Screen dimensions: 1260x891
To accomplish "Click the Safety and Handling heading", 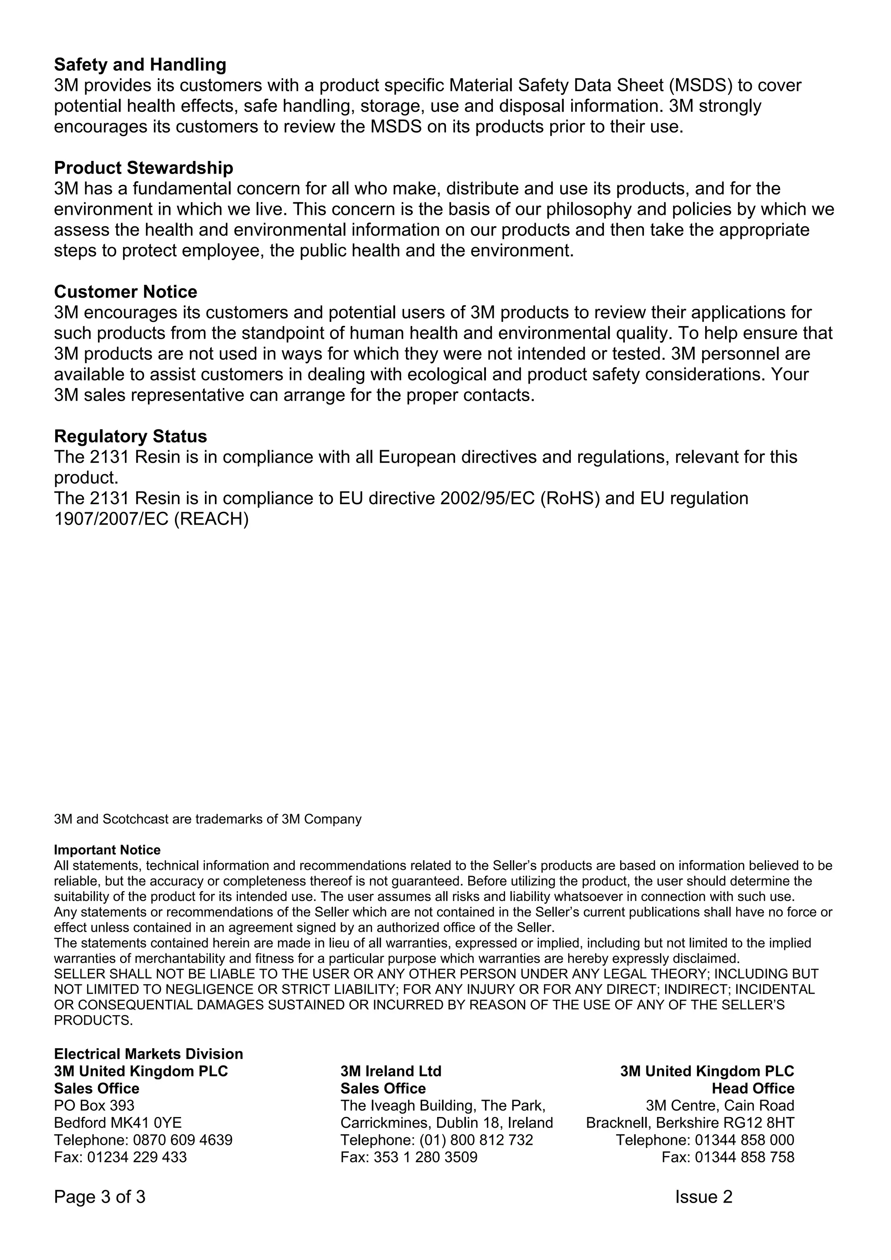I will pyautogui.click(x=140, y=65).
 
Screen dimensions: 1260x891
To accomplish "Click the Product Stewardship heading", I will pyautogui.click(x=143, y=167).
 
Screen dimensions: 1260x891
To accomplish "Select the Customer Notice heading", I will pyautogui.click(x=125, y=291).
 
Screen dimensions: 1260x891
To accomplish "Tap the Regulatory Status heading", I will pyautogui.click(x=130, y=436).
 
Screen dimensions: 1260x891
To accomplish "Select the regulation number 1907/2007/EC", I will pyautogui.click(x=111, y=519).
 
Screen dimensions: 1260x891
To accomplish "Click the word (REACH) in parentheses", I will pyautogui.click(x=211, y=519).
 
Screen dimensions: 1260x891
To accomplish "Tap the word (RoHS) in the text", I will pyautogui.click(x=570, y=498).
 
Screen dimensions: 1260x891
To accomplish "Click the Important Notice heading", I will pyautogui.click(x=107, y=850).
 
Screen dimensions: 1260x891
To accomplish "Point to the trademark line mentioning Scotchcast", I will pyautogui.click(x=208, y=819).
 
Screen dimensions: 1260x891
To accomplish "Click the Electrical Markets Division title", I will pyautogui.click(x=148, y=1054).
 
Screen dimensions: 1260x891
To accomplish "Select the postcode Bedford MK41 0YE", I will pyautogui.click(x=117, y=1123).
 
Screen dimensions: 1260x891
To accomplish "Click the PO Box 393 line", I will pyautogui.click(x=94, y=1105).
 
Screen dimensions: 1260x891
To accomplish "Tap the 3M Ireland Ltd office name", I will pyautogui.click(x=390, y=1071).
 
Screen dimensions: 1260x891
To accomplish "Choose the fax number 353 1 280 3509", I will pyautogui.click(x=425, y=1157).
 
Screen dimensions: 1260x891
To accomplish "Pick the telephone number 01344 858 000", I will pyautogui.click(x=744, y=1140).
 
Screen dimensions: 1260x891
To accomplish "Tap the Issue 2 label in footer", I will pyautogui.click(x=703, y=1197).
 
